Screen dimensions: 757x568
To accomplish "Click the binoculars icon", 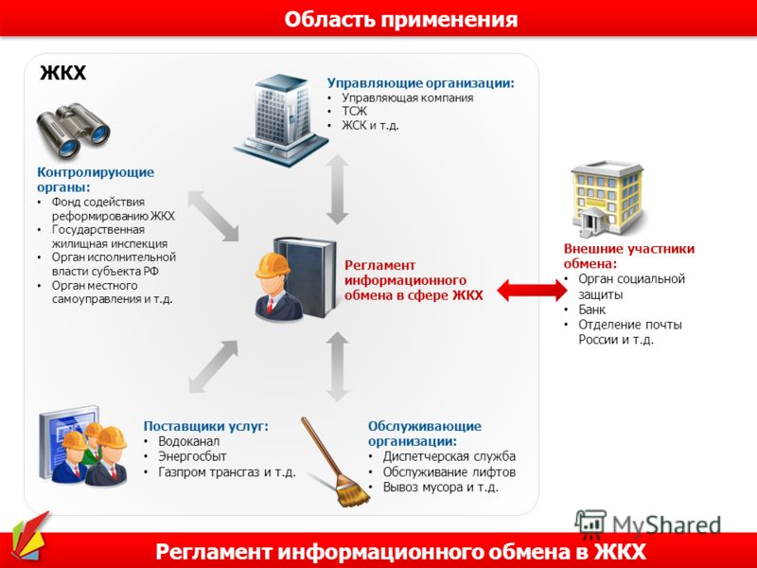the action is tap(74, 131).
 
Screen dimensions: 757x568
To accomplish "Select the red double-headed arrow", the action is tap(532, 291).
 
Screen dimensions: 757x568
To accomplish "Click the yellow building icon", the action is tap(607, 198).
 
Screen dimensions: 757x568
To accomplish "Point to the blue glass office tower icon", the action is tap(281, 120).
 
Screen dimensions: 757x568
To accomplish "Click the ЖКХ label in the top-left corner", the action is tap(62, 73).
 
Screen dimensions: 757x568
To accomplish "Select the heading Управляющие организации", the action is tap(420, 83).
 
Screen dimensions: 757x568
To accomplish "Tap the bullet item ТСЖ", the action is tap(354, 111).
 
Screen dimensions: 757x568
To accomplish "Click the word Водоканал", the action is tap(188, 441).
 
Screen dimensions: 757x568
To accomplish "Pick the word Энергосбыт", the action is tap(192, 456).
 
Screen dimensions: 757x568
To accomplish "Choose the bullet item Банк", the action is tap(592, 310).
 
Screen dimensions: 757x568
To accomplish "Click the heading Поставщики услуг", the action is tap(205, 426).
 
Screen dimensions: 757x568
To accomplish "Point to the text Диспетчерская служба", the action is tap(449, 456).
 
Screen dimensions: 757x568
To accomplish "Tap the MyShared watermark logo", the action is tap(647, 524).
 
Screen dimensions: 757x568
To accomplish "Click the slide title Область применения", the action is tap(400, 20).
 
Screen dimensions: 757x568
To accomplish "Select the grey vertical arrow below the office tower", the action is tap(337, 189).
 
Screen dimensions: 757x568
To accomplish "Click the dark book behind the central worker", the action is tap(305, 276).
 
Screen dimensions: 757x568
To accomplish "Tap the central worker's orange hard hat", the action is tap(273, 266).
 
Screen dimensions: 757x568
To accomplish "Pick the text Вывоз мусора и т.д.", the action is tap(440, 487).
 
